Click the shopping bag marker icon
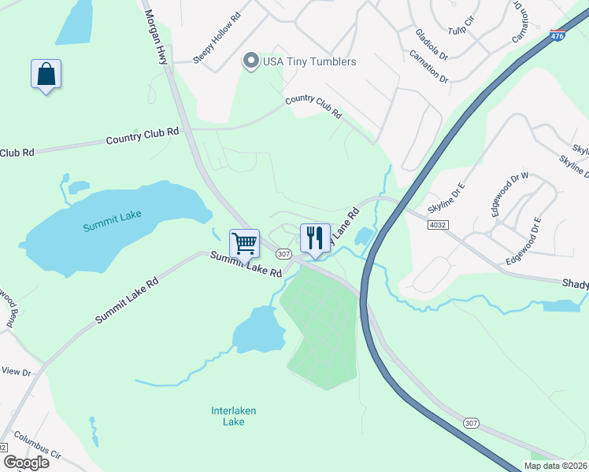tap(46, 75)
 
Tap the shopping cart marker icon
tap(245, 244)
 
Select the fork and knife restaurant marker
tap(315, 238)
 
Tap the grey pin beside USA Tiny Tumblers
tap(251, 61)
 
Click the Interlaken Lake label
tap(233, 416)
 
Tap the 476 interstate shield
tap(558, 35)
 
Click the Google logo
tap(26, 463)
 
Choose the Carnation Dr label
tap(428, 68)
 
